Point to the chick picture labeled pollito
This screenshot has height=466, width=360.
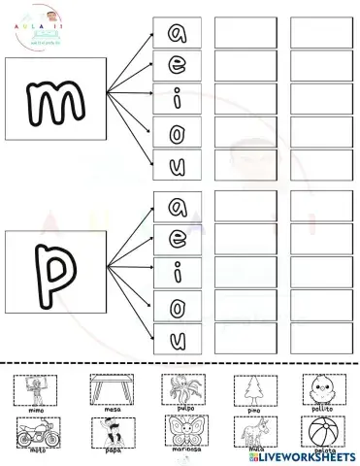coord(322,392)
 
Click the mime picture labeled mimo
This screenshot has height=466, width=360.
coord(36,392)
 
